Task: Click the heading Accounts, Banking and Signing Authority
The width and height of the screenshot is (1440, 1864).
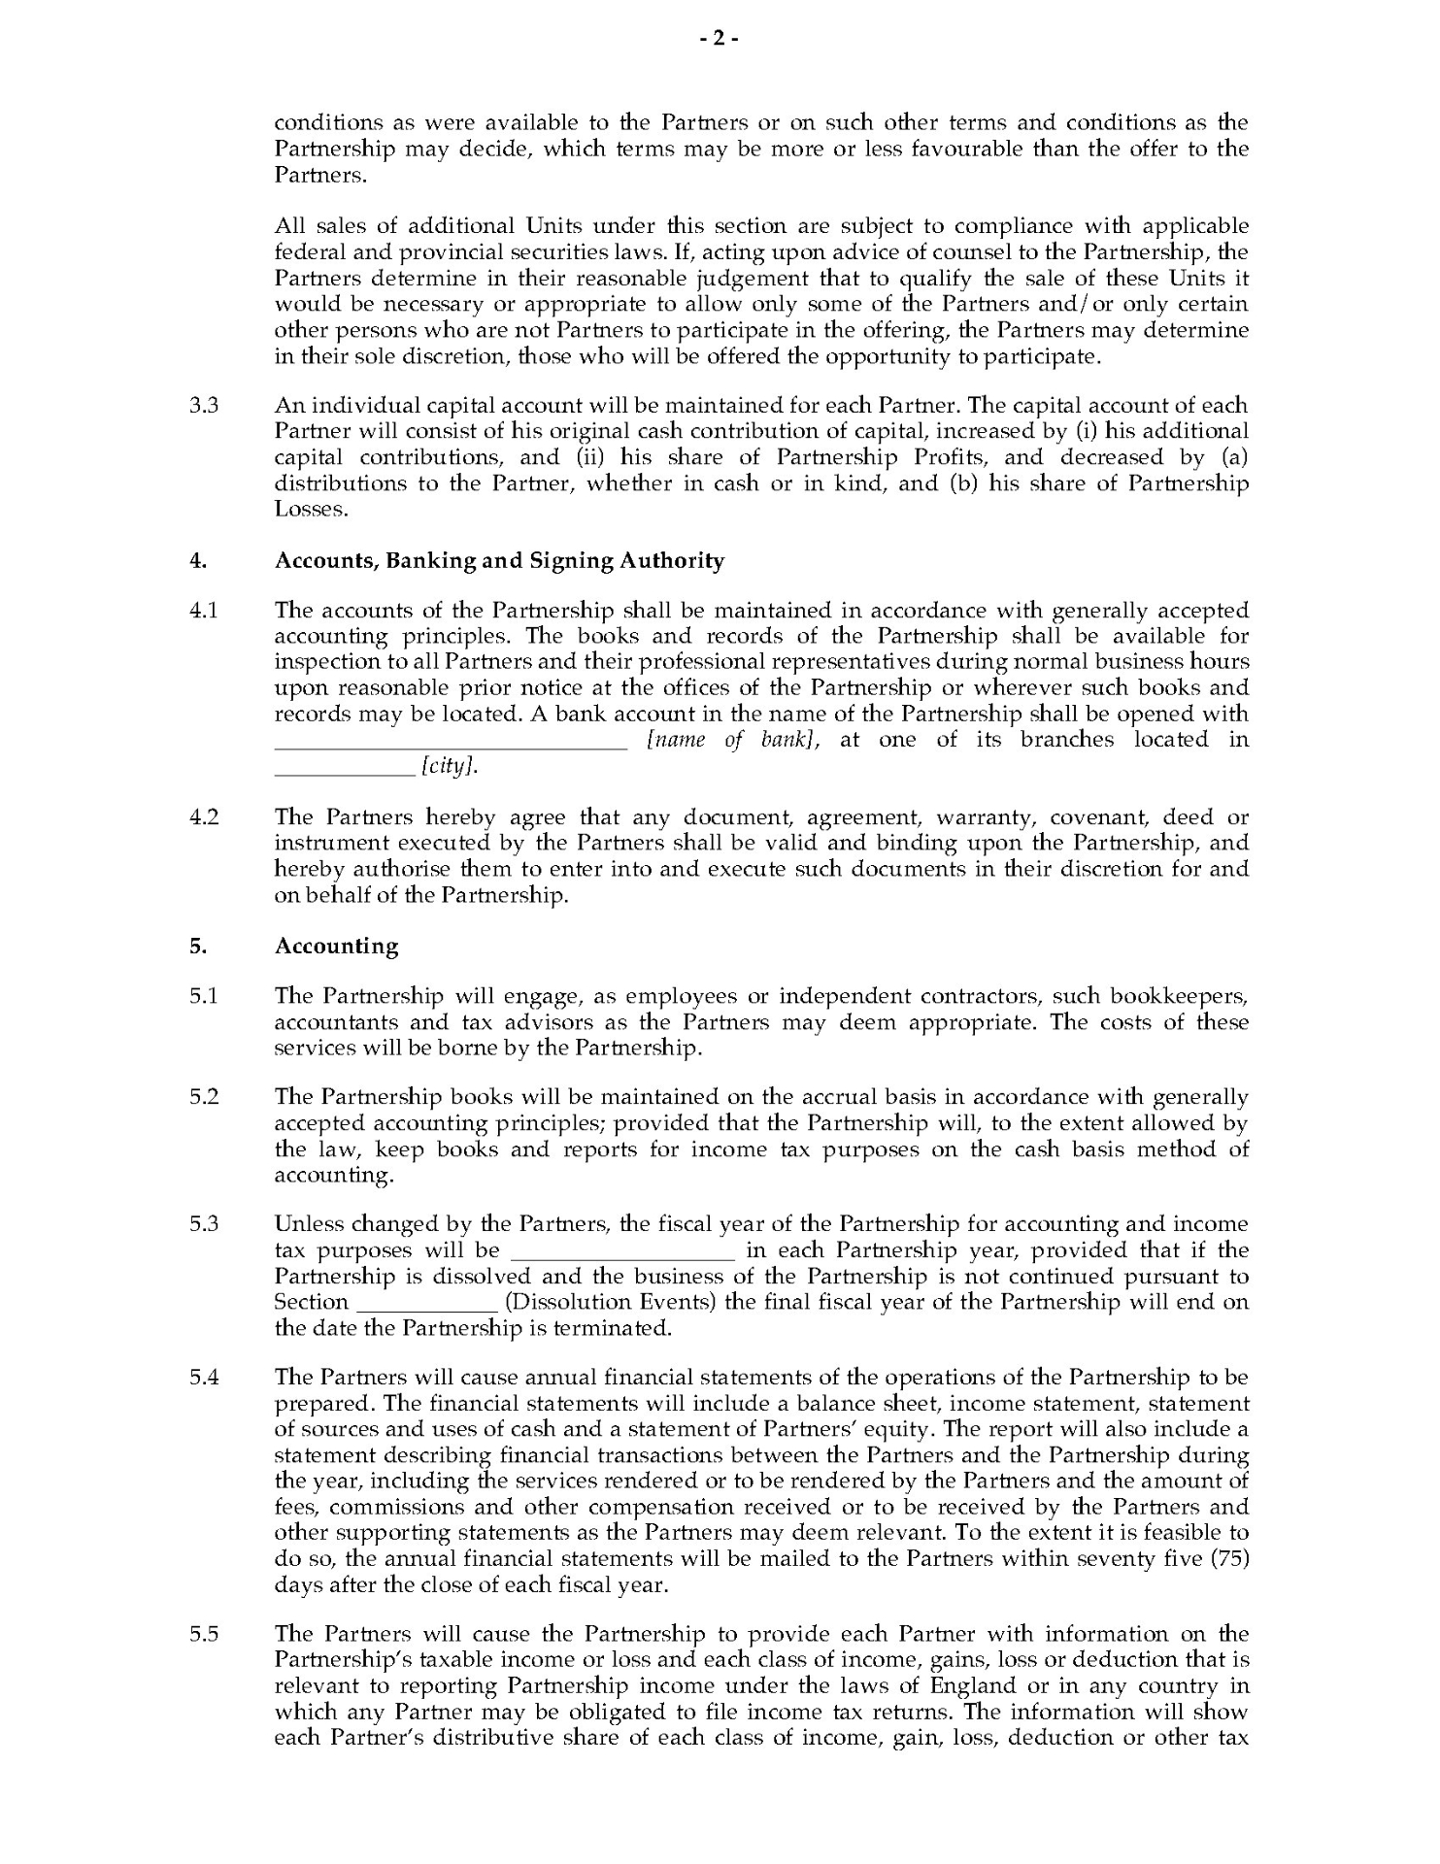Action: point(499,560)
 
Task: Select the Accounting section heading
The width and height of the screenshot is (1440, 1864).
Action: point(336,946)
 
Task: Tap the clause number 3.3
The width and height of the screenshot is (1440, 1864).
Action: point(204,405)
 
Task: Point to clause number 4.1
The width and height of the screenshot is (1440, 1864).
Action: point(204,610)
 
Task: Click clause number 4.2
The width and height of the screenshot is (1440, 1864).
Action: point(204,816)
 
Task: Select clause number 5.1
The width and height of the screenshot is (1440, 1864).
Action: point(204,995)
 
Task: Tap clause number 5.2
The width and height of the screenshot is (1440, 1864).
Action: point(204,1096)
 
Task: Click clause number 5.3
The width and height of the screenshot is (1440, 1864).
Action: point(204,1224)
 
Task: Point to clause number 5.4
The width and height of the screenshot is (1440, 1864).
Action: point(204,1377)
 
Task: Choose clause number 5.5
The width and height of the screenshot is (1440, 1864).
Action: point(204,1634)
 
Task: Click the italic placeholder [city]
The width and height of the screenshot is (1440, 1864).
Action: point(450,767)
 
